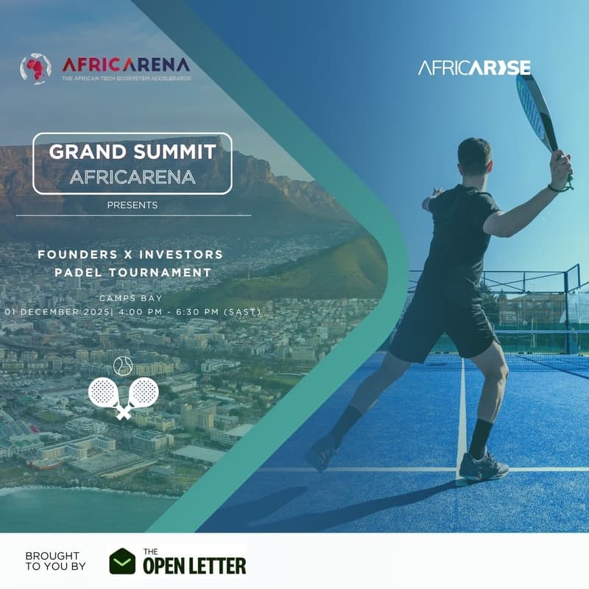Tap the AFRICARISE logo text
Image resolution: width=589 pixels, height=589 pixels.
[474, 68]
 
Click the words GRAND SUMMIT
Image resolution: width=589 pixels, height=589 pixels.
[133, 152]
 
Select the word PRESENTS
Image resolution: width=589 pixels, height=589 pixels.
[133, 205]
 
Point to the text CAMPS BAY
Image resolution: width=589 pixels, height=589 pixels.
[133, 298]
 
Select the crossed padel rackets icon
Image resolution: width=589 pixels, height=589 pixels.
[124, 396]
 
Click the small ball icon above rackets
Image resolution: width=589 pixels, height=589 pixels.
[122, 364]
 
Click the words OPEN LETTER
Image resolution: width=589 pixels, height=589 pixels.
[194, 565]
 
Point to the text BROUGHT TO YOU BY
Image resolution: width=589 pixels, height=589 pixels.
[55, 561]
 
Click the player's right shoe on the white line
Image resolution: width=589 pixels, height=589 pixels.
[482, 467]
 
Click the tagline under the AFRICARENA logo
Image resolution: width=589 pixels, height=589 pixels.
[125, 78]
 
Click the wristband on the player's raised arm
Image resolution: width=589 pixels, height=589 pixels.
[556, 187]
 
